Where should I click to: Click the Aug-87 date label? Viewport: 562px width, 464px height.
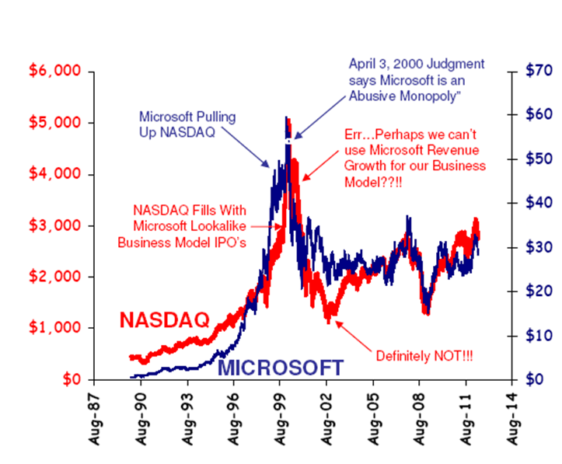click(x=97, y=419)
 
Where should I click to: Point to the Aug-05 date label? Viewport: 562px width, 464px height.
click(x=377, y=419)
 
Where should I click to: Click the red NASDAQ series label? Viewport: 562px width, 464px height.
click(x=164, y=319)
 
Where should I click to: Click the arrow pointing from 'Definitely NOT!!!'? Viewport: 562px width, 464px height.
click(x=358, y=333)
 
